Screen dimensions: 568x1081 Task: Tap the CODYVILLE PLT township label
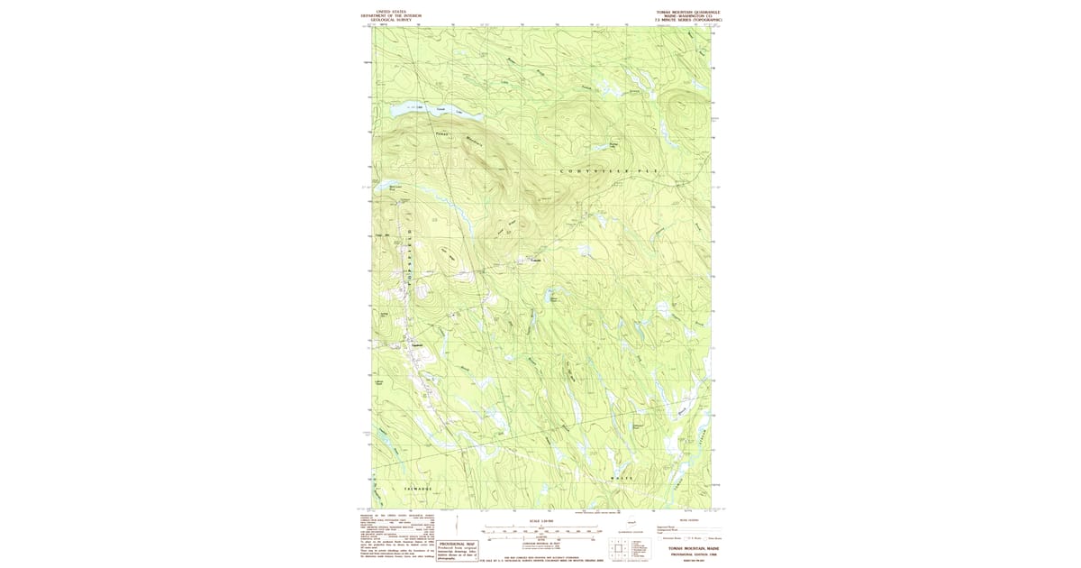coord(610,170)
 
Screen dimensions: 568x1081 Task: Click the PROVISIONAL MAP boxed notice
coord(457,551)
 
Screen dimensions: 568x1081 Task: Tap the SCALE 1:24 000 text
coord(540,520)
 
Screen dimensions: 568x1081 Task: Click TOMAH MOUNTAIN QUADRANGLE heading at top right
coord(688,13)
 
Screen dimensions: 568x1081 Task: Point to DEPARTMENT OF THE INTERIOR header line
coord(391,15)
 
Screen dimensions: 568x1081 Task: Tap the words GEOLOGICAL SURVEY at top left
coord(391,19)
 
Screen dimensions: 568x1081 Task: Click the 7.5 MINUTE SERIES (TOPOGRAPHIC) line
coord(688,20)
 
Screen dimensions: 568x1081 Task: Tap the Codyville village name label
coord(536,261)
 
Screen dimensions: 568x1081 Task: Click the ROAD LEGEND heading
coord(687,519)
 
